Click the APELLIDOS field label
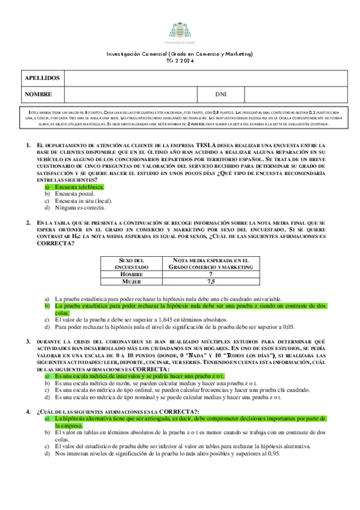pyautogui.click(x=41, y=78)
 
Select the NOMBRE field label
pyautogui.click(x=38, y=94)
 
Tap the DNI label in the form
pyautogui.click(x=221, y=94)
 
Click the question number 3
pyautogui.click(x=28, y=341)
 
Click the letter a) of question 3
pyautogui.click(x=47, y=375)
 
